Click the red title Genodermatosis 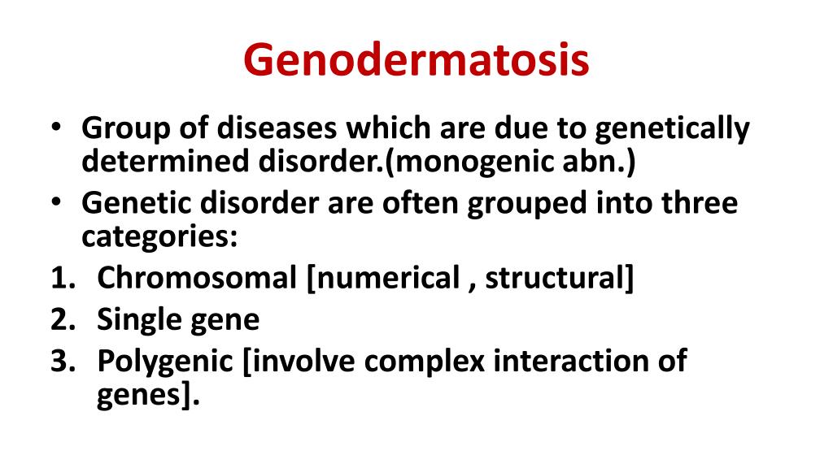point(416,62)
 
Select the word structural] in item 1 point(560,278)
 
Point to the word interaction point(574,361)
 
